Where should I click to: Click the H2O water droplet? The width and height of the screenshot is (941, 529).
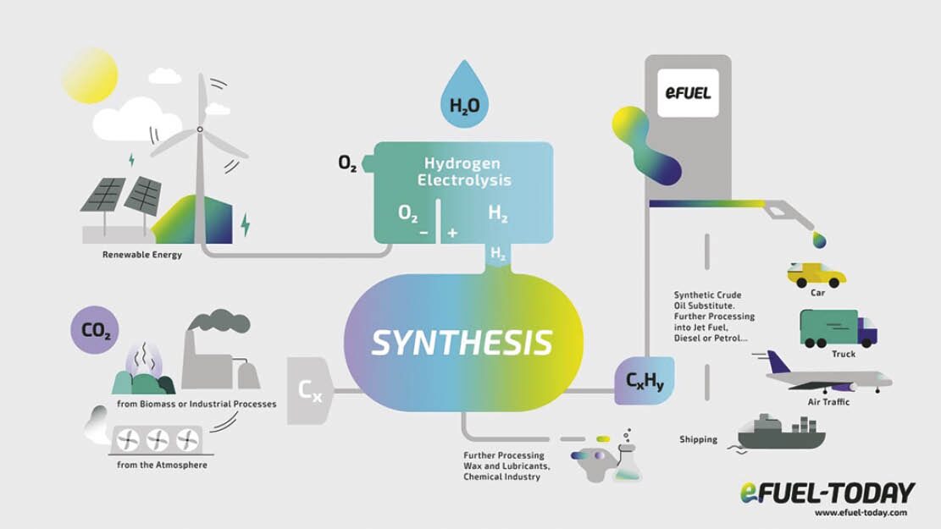click(x=464, y=98)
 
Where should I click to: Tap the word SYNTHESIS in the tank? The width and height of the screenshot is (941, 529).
click(x=462, y=343)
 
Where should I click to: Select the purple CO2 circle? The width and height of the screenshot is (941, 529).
click(x=95, y=329)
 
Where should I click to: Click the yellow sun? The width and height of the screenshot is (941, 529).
click(x=90, y=75)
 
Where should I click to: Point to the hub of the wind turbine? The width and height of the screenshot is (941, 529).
click(x=200, y=129)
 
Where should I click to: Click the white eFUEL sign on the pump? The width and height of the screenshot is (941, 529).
click(x=688, y=93)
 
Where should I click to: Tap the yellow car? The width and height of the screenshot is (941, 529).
click(x=816, y=275)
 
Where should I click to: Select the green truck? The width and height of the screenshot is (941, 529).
click(x=838, y=328)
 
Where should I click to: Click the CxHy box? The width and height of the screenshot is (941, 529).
click(x=645, y=380)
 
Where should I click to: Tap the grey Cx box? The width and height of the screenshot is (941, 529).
click(x=310, y=391)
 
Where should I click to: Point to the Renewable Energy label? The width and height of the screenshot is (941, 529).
click(x=142, y=254)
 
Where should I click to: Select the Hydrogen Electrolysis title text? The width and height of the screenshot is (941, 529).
click(x=464, y=172)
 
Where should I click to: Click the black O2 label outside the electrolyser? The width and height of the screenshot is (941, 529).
click(x=347, y=163)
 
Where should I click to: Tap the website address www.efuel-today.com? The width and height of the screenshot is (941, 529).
click(x=861, y=512)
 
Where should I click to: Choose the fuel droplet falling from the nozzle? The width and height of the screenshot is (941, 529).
click(x=819, y=240)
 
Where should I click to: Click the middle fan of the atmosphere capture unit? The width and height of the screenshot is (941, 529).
click(x=158, y=440)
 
